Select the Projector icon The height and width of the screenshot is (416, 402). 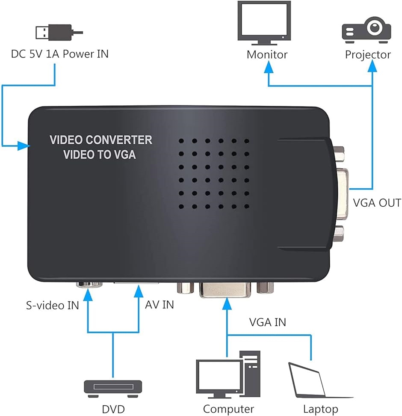tap(366, 29)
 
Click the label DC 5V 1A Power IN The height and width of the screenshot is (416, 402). tap(60, 54)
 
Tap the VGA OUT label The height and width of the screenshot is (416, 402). tap(377, 202)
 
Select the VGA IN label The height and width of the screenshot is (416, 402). tap(268, 322)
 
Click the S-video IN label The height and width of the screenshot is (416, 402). tap(52, 306)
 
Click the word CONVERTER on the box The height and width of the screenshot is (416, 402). tap(119, 140)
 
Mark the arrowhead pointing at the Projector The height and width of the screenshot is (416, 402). tap(373, 66)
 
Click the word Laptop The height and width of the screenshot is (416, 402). tap(320, 409)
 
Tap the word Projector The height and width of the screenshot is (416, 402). tap(368, 55)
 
